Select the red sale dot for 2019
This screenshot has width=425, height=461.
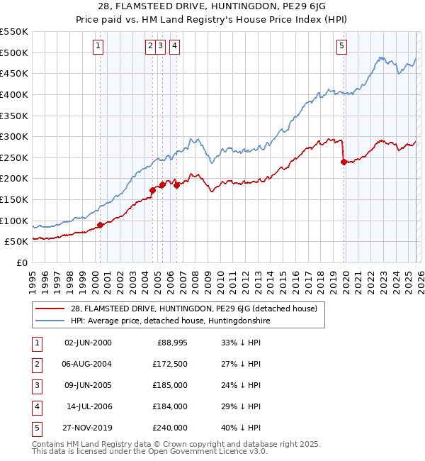344,162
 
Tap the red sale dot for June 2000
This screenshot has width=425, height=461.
100,226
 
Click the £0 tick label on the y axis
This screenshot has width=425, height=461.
21,262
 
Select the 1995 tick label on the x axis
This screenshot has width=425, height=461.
33,282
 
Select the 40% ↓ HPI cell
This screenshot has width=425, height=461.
241,428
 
